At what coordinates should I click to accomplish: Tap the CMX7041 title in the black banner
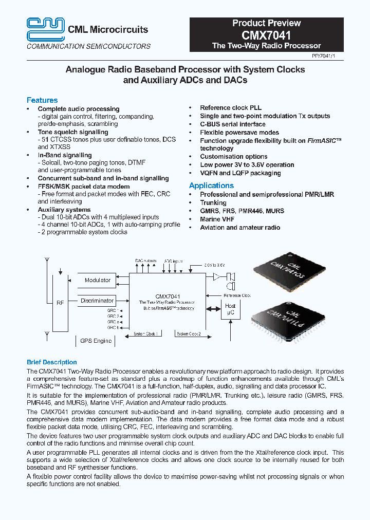click(266, 35)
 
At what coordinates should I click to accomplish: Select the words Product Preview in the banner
click(266, 23)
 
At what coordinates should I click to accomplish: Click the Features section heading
click(42, 100)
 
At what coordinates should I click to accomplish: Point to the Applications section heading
click(211, 185)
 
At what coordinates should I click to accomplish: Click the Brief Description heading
click(51, 362)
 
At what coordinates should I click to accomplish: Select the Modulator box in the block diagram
click(98, 281)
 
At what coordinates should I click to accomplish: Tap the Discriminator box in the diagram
click(97, 301)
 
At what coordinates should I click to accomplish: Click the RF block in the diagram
click(60, 303)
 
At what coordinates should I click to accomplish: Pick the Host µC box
click(231, 309)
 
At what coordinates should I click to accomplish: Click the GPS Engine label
click(96, 341)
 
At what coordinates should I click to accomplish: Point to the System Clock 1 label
click(146, 334)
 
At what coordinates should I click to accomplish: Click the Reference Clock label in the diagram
click(237, 295)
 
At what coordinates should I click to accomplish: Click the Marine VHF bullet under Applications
click(217, 219)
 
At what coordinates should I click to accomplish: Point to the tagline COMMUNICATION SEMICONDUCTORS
click(89, 46)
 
